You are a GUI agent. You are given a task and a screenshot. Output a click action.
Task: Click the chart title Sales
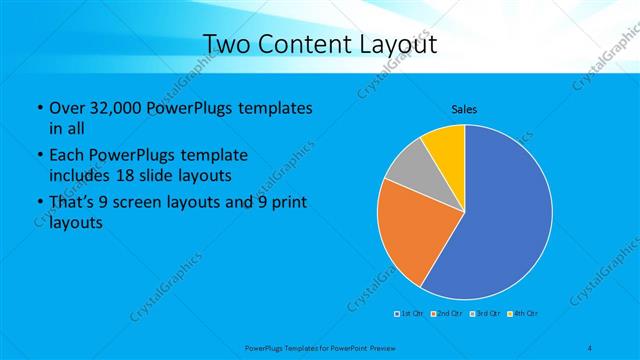click(463, 108)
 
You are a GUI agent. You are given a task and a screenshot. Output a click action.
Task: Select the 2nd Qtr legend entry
click(448, 314)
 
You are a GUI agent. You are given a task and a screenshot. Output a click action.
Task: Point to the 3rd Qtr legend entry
click(486, 314)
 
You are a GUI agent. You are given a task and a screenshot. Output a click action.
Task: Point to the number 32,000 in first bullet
click(112, 108)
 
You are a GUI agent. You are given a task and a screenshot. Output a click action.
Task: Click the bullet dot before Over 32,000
click(38, 108)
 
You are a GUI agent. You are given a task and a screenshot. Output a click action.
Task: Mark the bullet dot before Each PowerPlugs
click(38, 156)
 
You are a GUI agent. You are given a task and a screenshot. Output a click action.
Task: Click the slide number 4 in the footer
click(590, 346)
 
